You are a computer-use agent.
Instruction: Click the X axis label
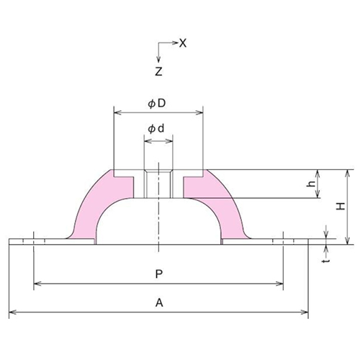pos(183,43)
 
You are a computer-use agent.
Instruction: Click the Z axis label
pos(158,71)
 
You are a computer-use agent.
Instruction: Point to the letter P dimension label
pos(158,274)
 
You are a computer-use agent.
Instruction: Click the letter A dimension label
pos(158,304)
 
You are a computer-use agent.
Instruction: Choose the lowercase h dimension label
pos(311,184)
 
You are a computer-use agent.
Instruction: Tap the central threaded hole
pos(158,184)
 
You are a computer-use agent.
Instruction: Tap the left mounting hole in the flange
pos(33,240)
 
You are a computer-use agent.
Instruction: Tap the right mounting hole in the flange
pos(284,240)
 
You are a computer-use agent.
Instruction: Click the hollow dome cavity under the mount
pos(158,223)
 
